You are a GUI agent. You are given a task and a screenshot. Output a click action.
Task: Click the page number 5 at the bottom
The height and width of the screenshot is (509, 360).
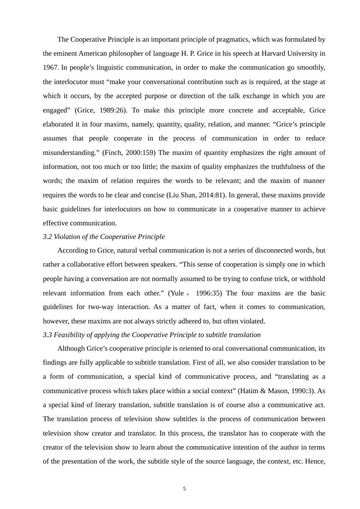[x=184, y=489]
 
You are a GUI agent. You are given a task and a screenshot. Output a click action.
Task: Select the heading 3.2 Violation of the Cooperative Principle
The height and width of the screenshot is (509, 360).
[x=103, y=237]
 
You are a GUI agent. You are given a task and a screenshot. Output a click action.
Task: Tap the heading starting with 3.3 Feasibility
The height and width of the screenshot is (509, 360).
[x=152, y=335]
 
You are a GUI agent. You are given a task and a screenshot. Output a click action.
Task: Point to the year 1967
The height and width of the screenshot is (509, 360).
[x=50, y=67]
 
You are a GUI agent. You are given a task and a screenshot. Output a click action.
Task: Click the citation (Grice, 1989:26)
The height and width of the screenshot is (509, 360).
[x=101, y=110]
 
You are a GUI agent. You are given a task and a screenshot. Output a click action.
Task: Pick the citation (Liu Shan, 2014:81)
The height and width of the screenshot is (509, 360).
[x=196, y=195]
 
